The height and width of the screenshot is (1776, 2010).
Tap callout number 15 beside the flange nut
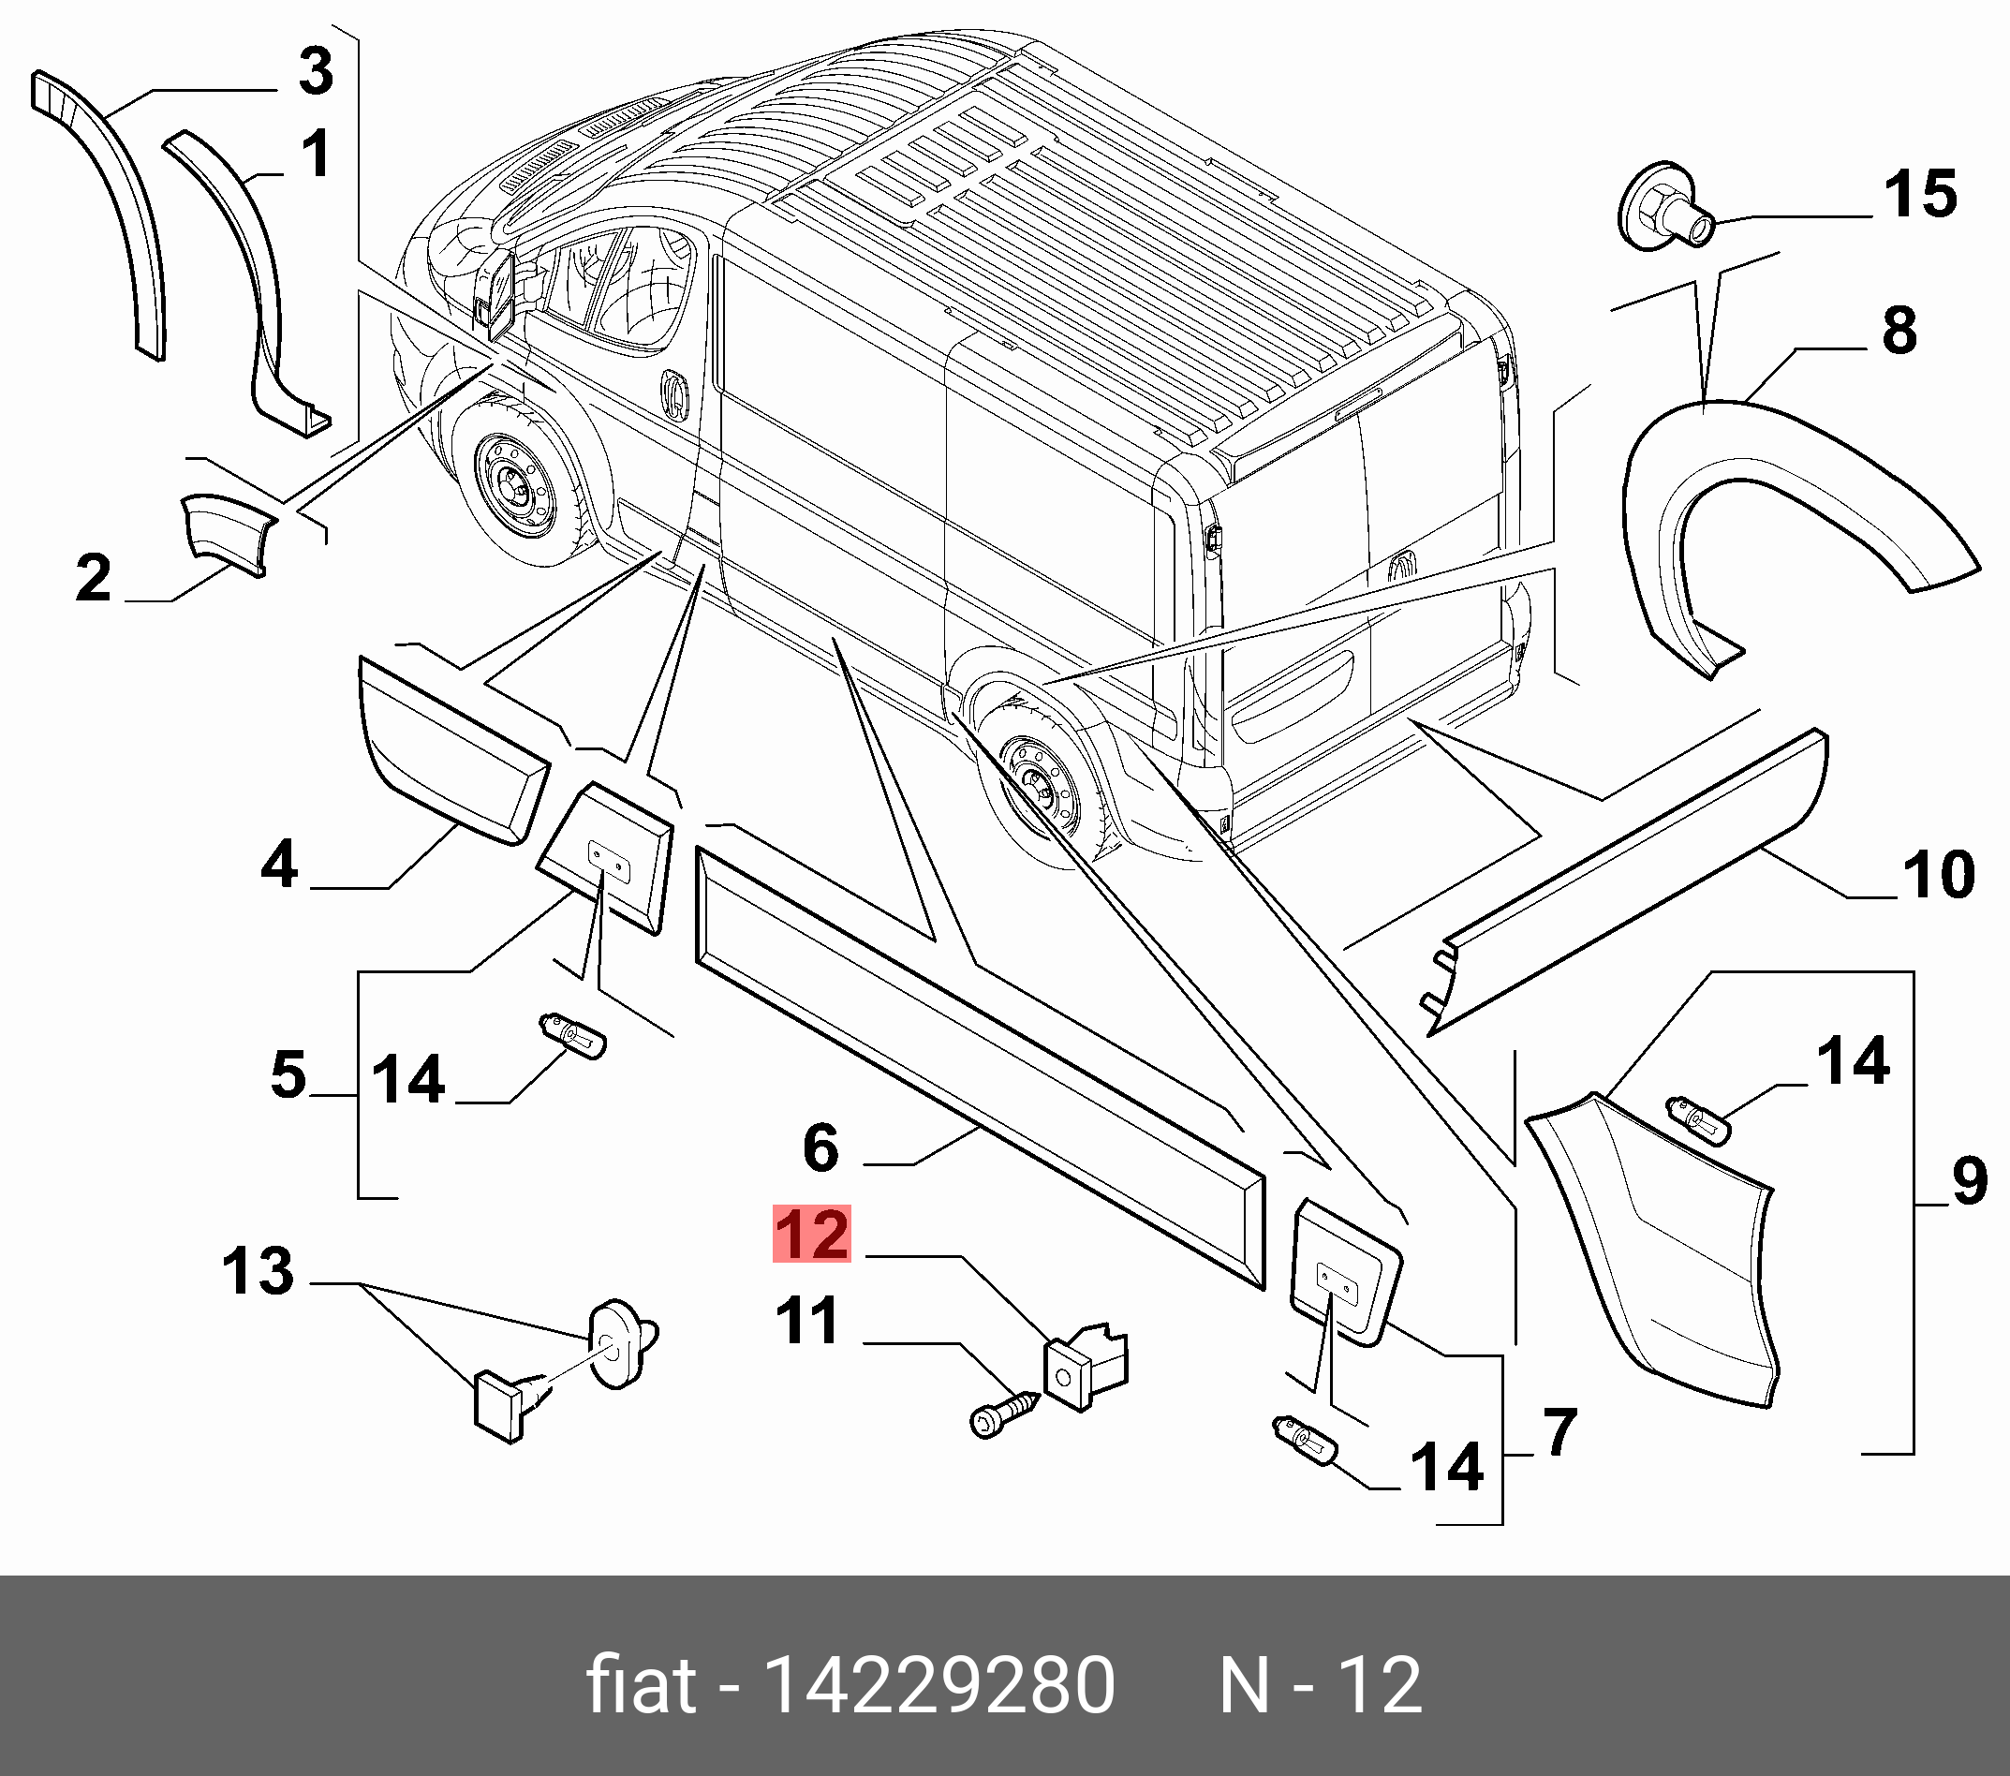pyautogui.click(x=1919, y=194)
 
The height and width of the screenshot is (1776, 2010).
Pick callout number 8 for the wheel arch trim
pyautogui.click(x=1899, y=331)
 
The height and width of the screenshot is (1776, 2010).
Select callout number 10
pyautogui.click(x=1938, y=874)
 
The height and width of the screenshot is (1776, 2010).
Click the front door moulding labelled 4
pyautogui.click(x=453, y=750)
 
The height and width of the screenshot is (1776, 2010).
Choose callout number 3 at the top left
pyautogui.click(x=316, y=71)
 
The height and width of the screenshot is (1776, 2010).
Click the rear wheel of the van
pyautogui.click(x=1042, y=788)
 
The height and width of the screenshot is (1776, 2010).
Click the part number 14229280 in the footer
pyautogui.click(x=938, y=1685)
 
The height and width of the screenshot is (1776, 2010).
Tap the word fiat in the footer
pyautogui.click(x=642, y=1683)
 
